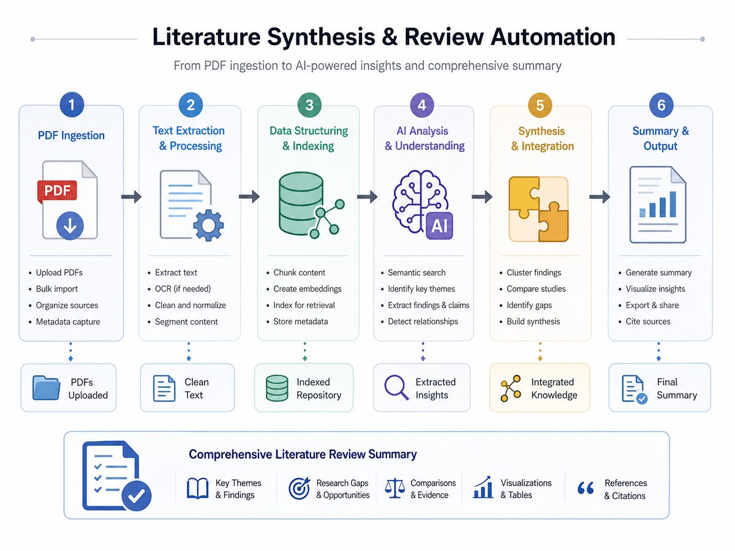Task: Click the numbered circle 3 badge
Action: pos(309,105)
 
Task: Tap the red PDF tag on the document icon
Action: pos(57,191)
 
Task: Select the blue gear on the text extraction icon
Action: pos(208,225)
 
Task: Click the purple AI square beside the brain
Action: pos(439,226)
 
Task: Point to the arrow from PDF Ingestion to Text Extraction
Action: pos(131,197)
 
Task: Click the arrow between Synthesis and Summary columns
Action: pos(600,197)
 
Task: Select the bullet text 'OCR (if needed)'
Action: pos(183,289)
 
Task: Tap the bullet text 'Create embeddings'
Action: pos(307,289)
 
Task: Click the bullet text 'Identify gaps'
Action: pos(529,305)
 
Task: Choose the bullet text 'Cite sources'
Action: pos(648,321)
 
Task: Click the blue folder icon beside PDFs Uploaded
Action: pos(46,388)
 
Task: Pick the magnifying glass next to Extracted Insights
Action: pos(396,388)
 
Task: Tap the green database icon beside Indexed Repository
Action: pos(277,388)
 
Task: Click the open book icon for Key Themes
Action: pos(197,489)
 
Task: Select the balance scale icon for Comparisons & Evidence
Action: pos(395,489)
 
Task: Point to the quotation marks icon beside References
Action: pos(586,488)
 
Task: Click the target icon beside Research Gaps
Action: pos(300,489)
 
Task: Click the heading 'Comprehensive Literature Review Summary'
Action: pos(303,454)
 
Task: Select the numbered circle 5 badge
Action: pos(540,105)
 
